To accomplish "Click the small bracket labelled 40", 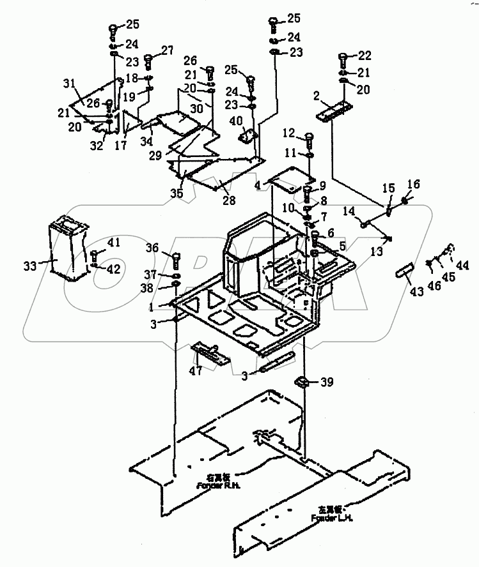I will click(247, 137).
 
